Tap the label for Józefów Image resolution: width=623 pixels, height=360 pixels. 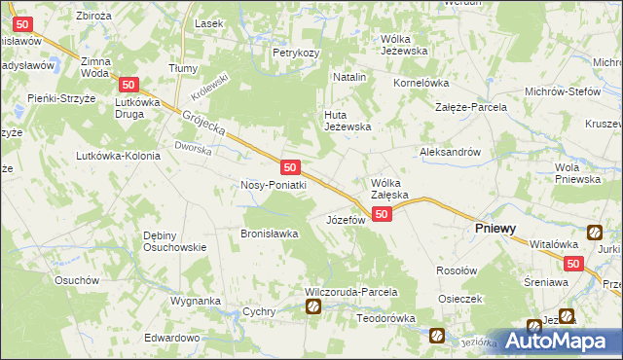coord(345,220)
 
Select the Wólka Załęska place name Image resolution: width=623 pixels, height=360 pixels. coord(394,188)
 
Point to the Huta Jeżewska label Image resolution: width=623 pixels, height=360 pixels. coord(348,120)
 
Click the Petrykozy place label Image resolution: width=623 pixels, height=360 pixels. coord(296,53)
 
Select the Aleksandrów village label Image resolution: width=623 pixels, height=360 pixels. coord(450,152)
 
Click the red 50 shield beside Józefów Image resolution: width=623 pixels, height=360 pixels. coord(382,214)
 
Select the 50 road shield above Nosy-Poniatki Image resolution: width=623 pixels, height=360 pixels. coord(289,167)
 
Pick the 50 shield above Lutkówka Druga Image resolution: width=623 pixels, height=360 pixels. coord(130,86)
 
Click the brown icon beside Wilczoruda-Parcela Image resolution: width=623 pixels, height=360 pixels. coord(313,307)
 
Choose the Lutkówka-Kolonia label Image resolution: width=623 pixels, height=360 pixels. coord(119,156)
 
